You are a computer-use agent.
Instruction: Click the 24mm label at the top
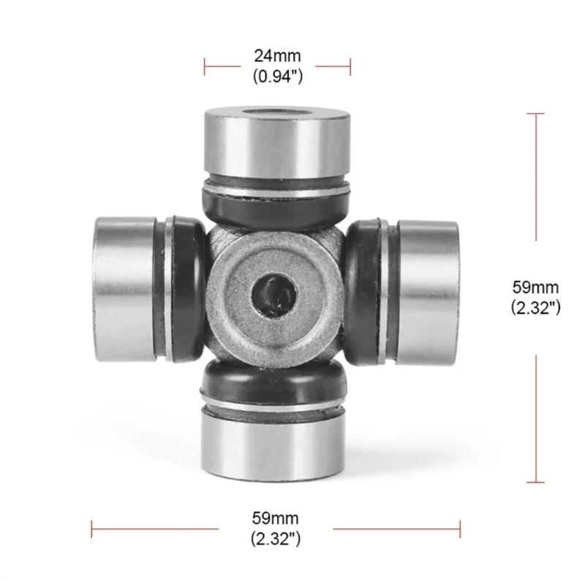point(277,55)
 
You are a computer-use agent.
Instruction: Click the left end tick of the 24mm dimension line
point(205,66)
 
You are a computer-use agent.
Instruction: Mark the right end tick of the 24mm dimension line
point(350,66)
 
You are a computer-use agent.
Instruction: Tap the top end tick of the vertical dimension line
point(535,114)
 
